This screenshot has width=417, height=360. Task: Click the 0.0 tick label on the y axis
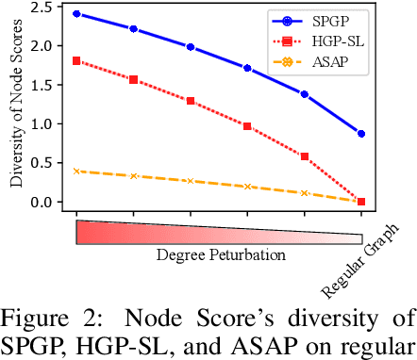40,202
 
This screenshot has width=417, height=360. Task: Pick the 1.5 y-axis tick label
40,85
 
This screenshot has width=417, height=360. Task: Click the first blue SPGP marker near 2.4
76,14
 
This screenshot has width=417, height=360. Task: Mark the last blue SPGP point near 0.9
361,134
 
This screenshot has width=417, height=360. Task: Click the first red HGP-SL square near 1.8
76,60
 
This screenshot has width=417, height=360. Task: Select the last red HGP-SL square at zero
361,201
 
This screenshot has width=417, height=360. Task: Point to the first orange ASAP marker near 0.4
76,171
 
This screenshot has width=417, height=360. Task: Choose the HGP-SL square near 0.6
305,156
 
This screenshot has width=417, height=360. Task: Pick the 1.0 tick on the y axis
40,123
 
